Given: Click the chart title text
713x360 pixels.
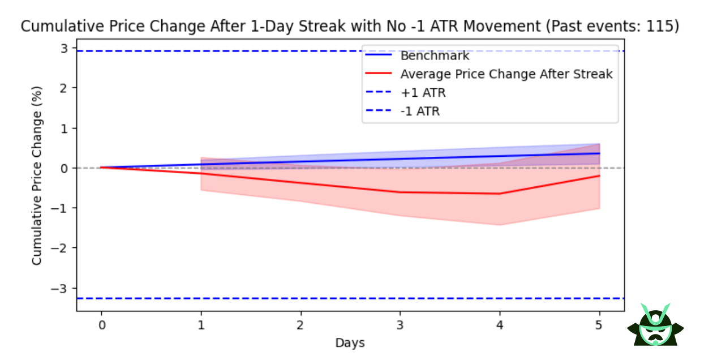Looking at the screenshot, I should [x=350, y=26].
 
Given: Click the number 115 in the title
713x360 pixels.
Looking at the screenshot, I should [x=662, y=26].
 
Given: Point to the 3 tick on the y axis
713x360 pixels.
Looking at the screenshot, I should [x=66, y=49].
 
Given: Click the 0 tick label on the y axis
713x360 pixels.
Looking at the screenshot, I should [x=66, y=168].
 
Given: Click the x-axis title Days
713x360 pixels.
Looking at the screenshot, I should [x=350, y=342].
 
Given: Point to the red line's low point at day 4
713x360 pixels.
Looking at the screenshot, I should [x=500, y=194].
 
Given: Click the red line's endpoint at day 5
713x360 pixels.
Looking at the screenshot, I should [x=599, y=176].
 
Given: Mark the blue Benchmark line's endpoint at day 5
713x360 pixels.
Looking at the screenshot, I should [x=599, y=153].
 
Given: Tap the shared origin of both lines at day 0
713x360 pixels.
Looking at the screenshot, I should [x=101, y=168].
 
